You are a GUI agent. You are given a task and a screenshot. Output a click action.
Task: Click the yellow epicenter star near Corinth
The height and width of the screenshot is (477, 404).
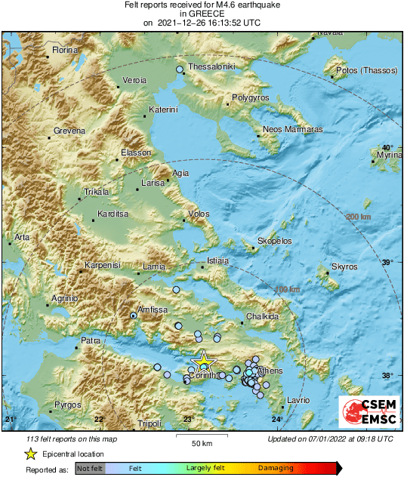coord(202,362)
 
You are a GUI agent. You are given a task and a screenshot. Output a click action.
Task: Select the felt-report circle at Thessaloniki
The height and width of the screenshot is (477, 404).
coord(180,70)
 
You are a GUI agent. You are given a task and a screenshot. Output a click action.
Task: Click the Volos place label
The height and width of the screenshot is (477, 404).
coord(198,214)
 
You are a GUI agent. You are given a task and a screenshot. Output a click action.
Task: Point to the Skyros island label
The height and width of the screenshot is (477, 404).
coord(344,267)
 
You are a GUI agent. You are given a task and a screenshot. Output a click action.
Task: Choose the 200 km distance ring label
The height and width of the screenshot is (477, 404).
coord(359,217)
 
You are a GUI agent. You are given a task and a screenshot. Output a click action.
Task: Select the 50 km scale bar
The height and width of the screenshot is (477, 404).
coord(199,435)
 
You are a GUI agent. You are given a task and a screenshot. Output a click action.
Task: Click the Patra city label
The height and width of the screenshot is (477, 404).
coord(91,341)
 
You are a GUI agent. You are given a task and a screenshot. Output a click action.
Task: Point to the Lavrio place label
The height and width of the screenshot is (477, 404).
coord(298,399)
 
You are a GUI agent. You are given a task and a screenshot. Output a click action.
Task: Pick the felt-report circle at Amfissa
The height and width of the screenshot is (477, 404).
coord(133,315)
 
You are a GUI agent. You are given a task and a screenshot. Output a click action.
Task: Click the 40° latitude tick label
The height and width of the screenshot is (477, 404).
coord(387,148)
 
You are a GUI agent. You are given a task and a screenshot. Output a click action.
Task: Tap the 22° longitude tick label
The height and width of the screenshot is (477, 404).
coord(99,419)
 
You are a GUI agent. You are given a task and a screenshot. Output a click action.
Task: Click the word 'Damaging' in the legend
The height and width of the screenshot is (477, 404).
coord(276,469)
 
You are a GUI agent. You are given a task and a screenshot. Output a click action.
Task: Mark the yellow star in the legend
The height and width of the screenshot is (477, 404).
coord(31,454)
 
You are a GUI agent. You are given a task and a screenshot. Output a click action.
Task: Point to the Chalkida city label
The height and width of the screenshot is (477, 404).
coord(264,317)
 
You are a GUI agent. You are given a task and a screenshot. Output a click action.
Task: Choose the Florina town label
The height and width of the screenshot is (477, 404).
coord(64,51)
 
